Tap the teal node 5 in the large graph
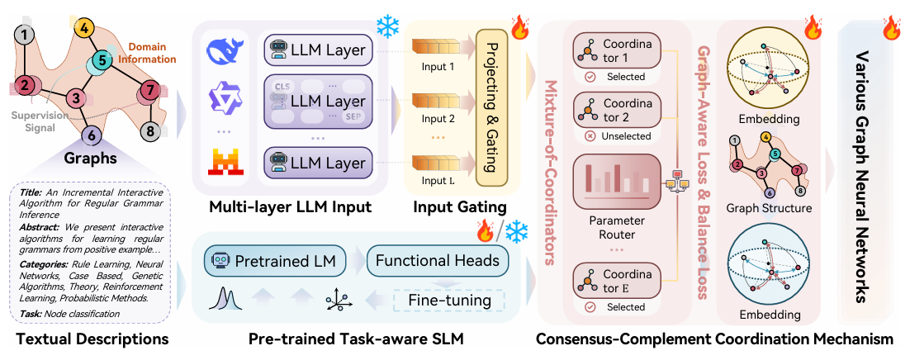tap(100, 59)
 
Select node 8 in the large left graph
tap(149, 130)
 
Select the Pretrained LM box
tap(272, 262)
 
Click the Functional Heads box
tap(448, 262)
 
